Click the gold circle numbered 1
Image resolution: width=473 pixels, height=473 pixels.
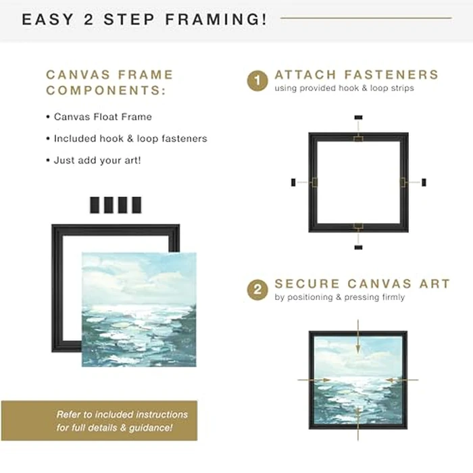pyautogui.click(x=257, y=81)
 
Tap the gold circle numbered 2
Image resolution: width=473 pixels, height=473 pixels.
pyautogui.click(x=257, y=290)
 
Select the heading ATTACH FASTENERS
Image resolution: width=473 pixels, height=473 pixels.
pyautogui.click(x=356, y=75)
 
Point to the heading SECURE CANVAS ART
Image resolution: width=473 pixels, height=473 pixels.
pyautogui.click(x=362, y=284)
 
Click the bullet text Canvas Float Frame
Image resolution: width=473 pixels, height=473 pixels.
pyautogui.click(x=102, y=116)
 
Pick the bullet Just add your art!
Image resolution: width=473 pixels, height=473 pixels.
pyautogui.click(x=97, y=160)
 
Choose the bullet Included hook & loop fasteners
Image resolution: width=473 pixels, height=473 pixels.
pyautogui.click(x=130, y=139)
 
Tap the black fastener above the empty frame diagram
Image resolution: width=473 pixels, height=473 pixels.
pyautogui.click(x=358, y=118)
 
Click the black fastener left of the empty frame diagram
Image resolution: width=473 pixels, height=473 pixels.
pyautogui.click(x=293, y=182)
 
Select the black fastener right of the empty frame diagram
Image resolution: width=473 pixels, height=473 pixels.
pyautogui.click(x=424, y=182)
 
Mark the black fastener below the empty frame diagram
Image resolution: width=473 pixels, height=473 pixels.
pyautogui.click(x=358, y=247)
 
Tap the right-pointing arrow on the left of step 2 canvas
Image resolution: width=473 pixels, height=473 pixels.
pyautogui.click(x=314, y=380)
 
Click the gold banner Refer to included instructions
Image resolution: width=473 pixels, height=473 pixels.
pyautogui.click(x=99, y=420)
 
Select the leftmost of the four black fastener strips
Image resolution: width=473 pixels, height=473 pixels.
pyautogui.click(x=95, y=205)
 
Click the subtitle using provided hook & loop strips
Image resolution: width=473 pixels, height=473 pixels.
pyautogui.click(x=344, y=89)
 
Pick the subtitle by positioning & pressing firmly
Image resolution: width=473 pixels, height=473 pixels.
pyautogui.click(x=339, y=297)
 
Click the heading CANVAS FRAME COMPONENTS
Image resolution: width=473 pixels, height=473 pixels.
pyautogui.click(x=109, y=82)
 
